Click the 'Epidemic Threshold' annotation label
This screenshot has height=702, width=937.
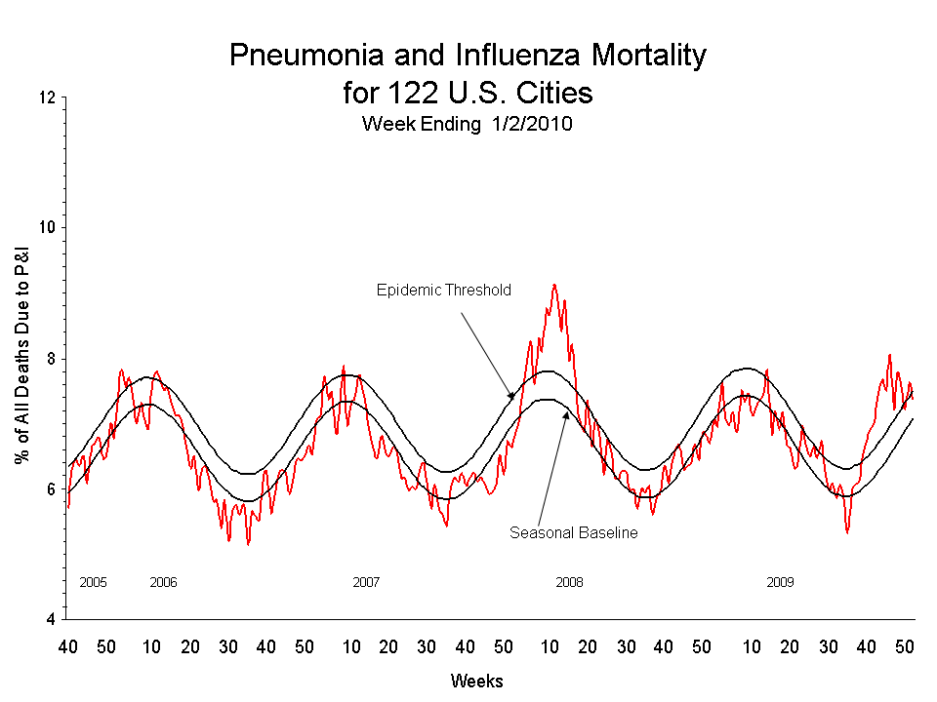443,291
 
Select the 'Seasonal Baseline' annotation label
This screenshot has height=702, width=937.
573,533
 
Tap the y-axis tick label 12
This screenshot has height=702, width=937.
46,97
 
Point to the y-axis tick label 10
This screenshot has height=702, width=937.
46,228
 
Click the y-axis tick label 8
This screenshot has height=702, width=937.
50,359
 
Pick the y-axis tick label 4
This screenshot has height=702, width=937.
50,619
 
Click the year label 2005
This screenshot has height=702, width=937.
93,582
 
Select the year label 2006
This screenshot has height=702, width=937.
163,582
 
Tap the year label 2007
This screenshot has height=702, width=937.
366,582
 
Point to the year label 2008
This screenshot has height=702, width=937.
570,582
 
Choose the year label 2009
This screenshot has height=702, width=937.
780,582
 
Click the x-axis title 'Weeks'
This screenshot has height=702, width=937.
476,680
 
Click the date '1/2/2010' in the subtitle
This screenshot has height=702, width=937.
532,125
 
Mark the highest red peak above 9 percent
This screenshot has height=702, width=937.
554,285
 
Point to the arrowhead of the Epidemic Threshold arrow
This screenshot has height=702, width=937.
511,397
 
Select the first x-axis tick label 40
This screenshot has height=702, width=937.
67,646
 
